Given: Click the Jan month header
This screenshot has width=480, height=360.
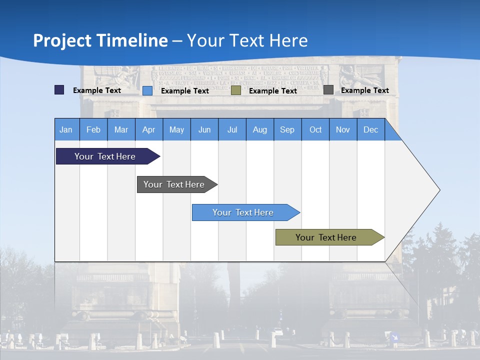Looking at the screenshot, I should click(66, 129).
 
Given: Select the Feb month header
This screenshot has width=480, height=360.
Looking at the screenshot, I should click(93, 129).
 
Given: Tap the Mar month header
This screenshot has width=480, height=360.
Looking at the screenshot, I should click(121, 129).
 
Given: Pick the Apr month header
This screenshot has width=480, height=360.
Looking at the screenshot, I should click(149, 129).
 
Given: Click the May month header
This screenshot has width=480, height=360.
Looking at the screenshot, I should click(176, 129).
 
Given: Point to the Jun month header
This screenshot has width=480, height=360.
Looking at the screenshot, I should click(204, 129).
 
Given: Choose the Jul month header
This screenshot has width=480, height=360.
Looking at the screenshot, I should click(232, 129).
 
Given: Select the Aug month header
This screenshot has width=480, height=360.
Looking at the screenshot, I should click(260, 129).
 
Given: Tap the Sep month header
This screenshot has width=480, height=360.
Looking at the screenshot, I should click(287, 129).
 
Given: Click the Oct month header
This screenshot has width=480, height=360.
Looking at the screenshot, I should click(315, 129).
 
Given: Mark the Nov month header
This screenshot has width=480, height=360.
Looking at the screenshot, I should click(343, 129).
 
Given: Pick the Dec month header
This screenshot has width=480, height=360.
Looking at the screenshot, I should click(371, 129).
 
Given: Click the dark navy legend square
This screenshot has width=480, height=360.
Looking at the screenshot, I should click(59, 90).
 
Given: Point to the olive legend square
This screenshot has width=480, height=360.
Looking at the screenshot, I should click(236, 90).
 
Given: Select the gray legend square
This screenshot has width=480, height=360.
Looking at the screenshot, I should click(328, 90).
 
